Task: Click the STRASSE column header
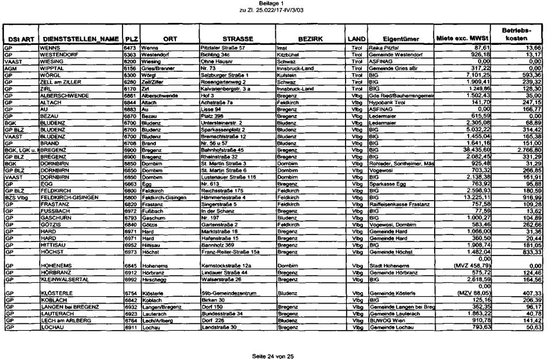pyautogui.click(x=234, y=39)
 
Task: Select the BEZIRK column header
pyautogui.click(x=309, y=39)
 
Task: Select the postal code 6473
pyautogui.click(x=129, y=48)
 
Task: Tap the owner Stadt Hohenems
pyautogui.click(x=389, y=266)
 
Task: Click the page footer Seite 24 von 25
pyautogui.click(x=273, y=357)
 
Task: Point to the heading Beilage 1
pyautogui.click(x=273, y=3)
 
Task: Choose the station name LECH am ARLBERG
pyautogui.click(x=63, y=321)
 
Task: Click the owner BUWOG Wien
pyautogui.click(x=385, y=321)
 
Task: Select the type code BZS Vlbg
pyautogui.click(x=16, y=198)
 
